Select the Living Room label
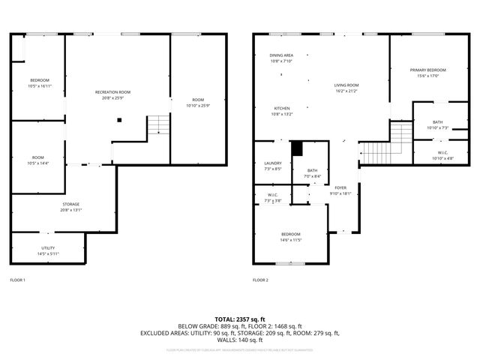[346, 85]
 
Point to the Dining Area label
[281, 55]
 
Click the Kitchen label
[281, 109]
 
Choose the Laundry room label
[273, 163]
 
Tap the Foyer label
[340, 187]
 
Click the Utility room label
[48, 248]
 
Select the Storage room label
[70, 204]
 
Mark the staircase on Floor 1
[156, 125]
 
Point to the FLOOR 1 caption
[17, 280]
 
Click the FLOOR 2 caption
[260, 280]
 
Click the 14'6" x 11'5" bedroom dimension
[291, 240]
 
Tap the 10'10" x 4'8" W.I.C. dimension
[438, 158]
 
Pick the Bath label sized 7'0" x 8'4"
[311, 173]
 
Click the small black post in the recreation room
[118, 119]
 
